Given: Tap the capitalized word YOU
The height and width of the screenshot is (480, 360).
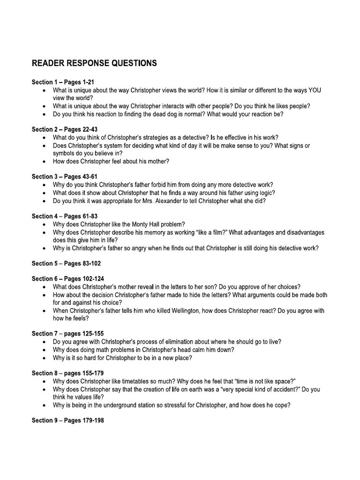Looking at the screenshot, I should (315, 90).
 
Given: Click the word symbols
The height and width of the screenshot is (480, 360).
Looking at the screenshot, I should (65, 153).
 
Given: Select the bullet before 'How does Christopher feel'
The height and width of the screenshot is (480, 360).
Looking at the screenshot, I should (44, 162).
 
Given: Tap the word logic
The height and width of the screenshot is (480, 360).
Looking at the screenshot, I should (267, 193).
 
